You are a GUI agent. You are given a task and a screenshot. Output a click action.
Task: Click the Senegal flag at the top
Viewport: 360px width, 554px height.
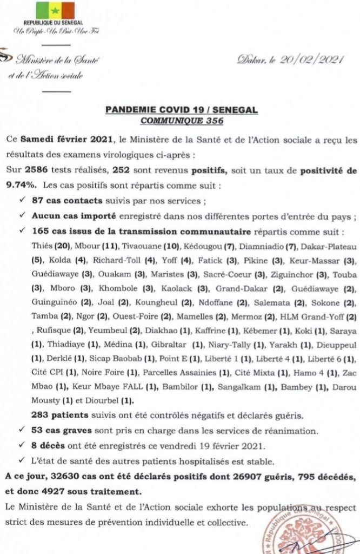click(x=55, y=10)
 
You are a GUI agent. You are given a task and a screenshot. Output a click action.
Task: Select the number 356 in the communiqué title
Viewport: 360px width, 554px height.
click(x=212, y=120)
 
